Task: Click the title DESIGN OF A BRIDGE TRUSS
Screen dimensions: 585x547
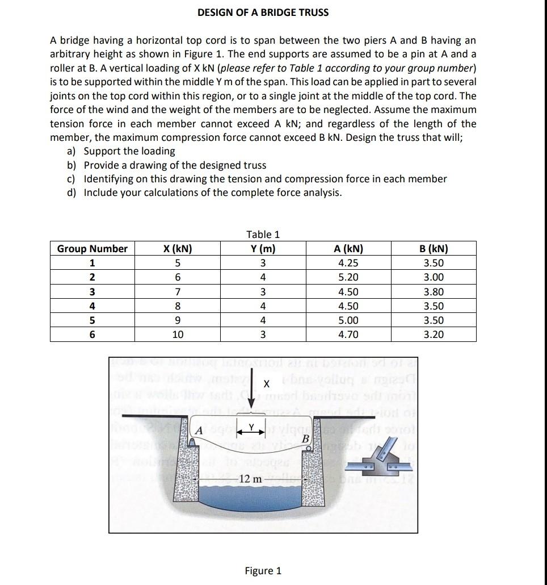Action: click(x=263, y=12)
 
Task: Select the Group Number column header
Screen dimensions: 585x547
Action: click(x=92, y=249)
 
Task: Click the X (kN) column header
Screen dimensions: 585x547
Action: click(x=177, y=249)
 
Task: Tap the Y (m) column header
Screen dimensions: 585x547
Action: click(x=263, y=249)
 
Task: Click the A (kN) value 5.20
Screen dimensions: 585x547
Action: click(x=348, y=278)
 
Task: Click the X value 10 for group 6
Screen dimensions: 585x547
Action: click(x=177, y=335)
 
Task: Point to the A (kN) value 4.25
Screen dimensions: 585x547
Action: click(x=348, y=264)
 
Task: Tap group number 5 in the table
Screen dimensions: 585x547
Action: click(x=92, y=320)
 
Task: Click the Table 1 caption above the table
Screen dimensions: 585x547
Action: click(x=263, y=235)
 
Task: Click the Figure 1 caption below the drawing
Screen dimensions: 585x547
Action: click(x=263, y=571)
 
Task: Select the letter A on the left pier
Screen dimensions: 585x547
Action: click(x=199, y=429)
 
